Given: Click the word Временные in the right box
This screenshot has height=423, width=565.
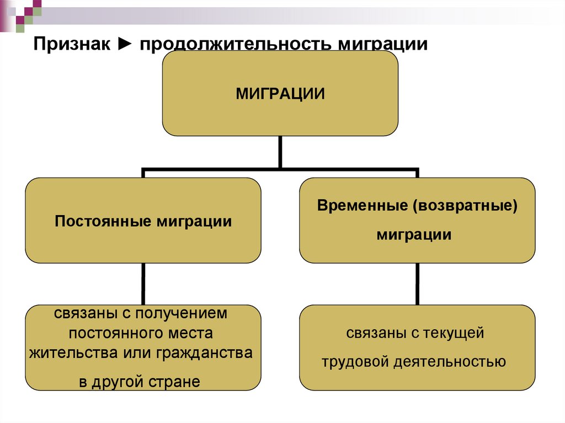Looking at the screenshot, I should tap(361, 206).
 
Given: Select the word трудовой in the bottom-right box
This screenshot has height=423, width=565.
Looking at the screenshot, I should tap(356, 361).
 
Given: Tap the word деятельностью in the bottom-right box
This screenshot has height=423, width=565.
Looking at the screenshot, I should tap(450, 361).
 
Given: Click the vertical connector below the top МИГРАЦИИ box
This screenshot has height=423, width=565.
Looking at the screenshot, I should tap(280, 152).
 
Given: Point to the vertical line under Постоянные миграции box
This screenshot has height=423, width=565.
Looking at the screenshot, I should tap(143, 283).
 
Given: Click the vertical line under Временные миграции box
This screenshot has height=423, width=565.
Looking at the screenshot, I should tap(417, 283).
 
